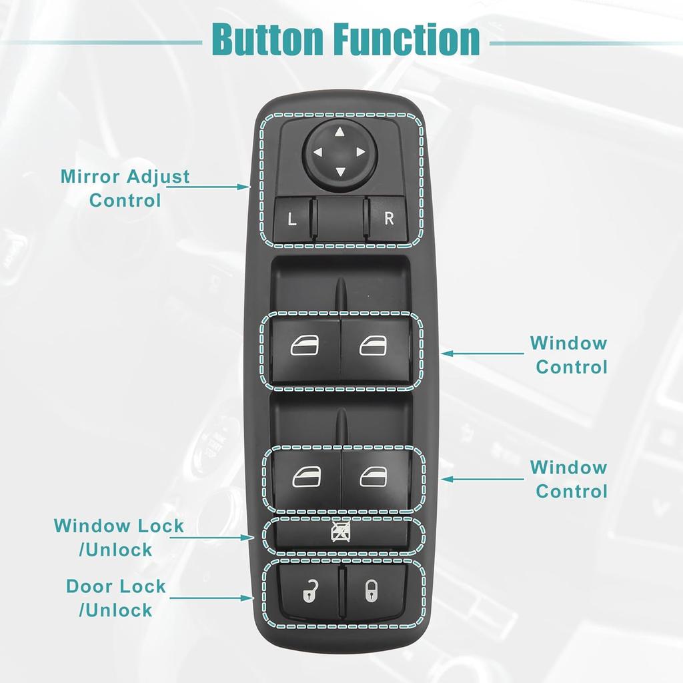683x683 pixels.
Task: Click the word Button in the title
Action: click(267, 40)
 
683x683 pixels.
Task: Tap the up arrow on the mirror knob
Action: click(340, 131)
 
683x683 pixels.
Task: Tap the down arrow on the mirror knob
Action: click(340, 172)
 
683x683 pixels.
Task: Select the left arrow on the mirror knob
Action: click(319, 152)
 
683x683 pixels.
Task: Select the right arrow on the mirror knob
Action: click(361, 152)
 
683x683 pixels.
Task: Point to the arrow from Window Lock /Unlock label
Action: click(223, 536)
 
